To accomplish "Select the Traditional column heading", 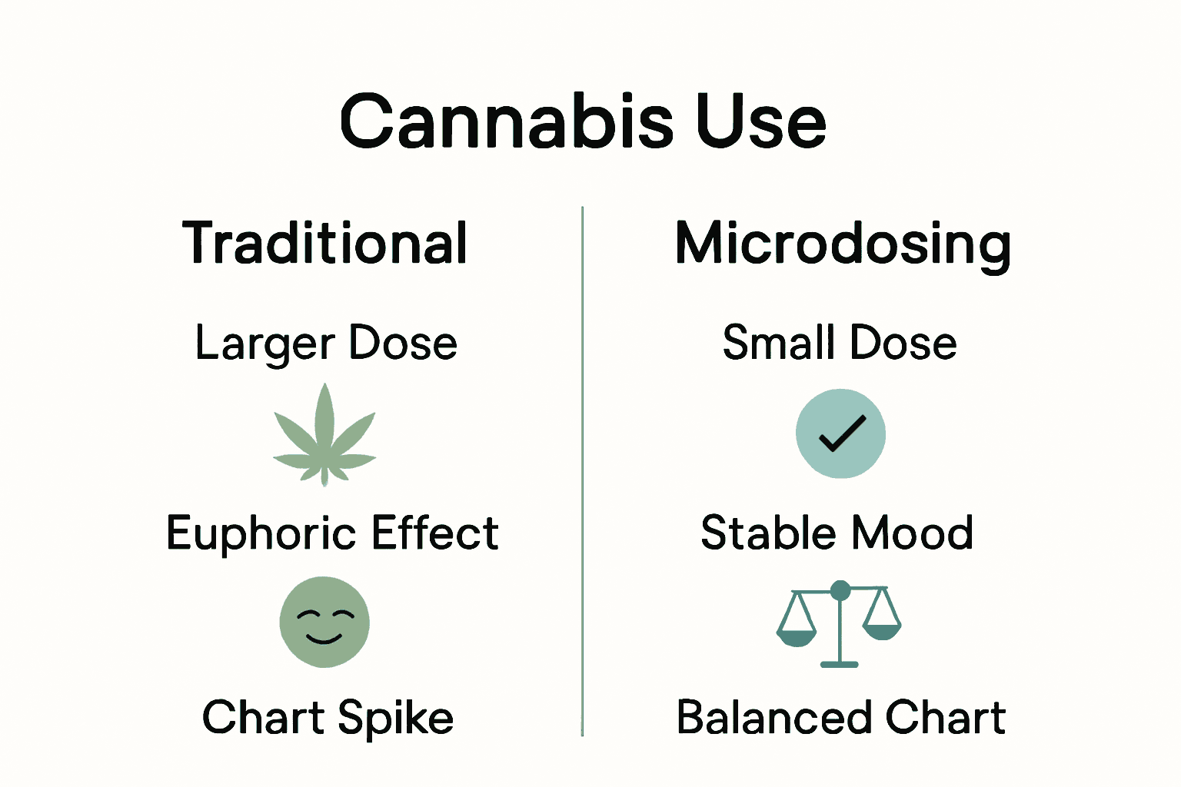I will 324,243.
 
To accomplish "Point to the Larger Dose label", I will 326,343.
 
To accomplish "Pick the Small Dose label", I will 840,342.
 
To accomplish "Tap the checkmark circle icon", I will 840,433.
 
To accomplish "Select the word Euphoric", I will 257,533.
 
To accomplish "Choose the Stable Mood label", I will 837,533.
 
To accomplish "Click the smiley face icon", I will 324,622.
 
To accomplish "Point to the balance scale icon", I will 839,623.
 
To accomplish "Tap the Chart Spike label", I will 328,718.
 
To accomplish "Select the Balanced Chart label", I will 841,717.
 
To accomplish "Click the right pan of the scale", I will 881,631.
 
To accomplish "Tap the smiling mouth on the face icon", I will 324,638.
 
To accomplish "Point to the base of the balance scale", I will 840,663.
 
